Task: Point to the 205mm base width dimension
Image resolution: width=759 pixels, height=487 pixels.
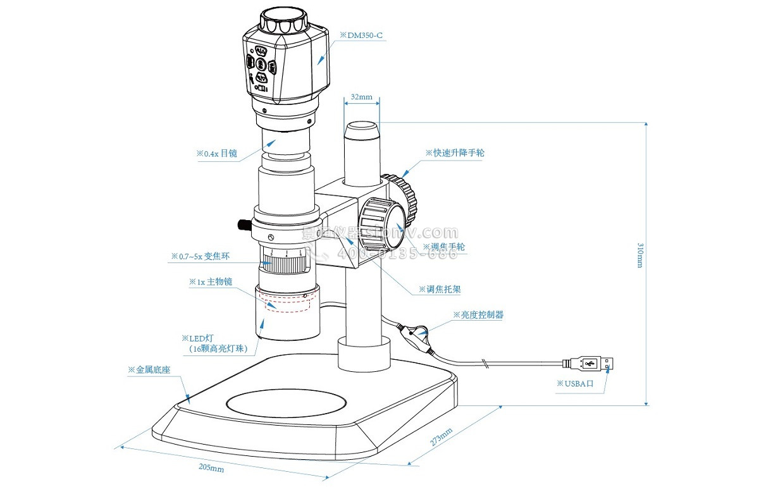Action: click(211, 468)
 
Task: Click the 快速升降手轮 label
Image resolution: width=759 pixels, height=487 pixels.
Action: click(454, 153)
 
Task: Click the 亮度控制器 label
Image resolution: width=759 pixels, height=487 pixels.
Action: click(478, 314)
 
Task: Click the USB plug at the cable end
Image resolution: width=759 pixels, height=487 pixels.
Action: click(591, 364)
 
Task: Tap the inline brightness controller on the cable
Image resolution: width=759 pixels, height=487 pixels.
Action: click(417, 334)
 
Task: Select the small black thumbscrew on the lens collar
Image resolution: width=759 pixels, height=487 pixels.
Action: click(243, 224)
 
